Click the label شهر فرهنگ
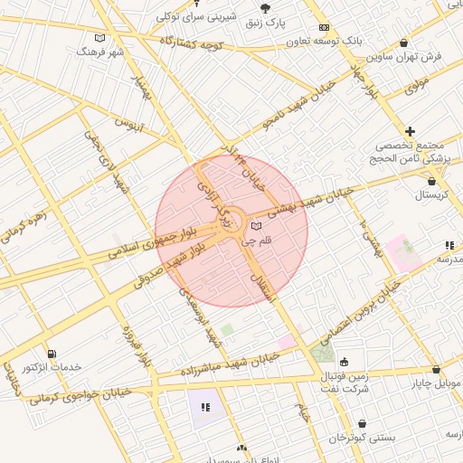(104, 53)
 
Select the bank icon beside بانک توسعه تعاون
(324, 28)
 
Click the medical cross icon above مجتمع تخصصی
(411, 132)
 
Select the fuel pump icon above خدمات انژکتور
(51, 353)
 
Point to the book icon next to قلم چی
(256, 225)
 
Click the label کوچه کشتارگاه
(191, 43)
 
